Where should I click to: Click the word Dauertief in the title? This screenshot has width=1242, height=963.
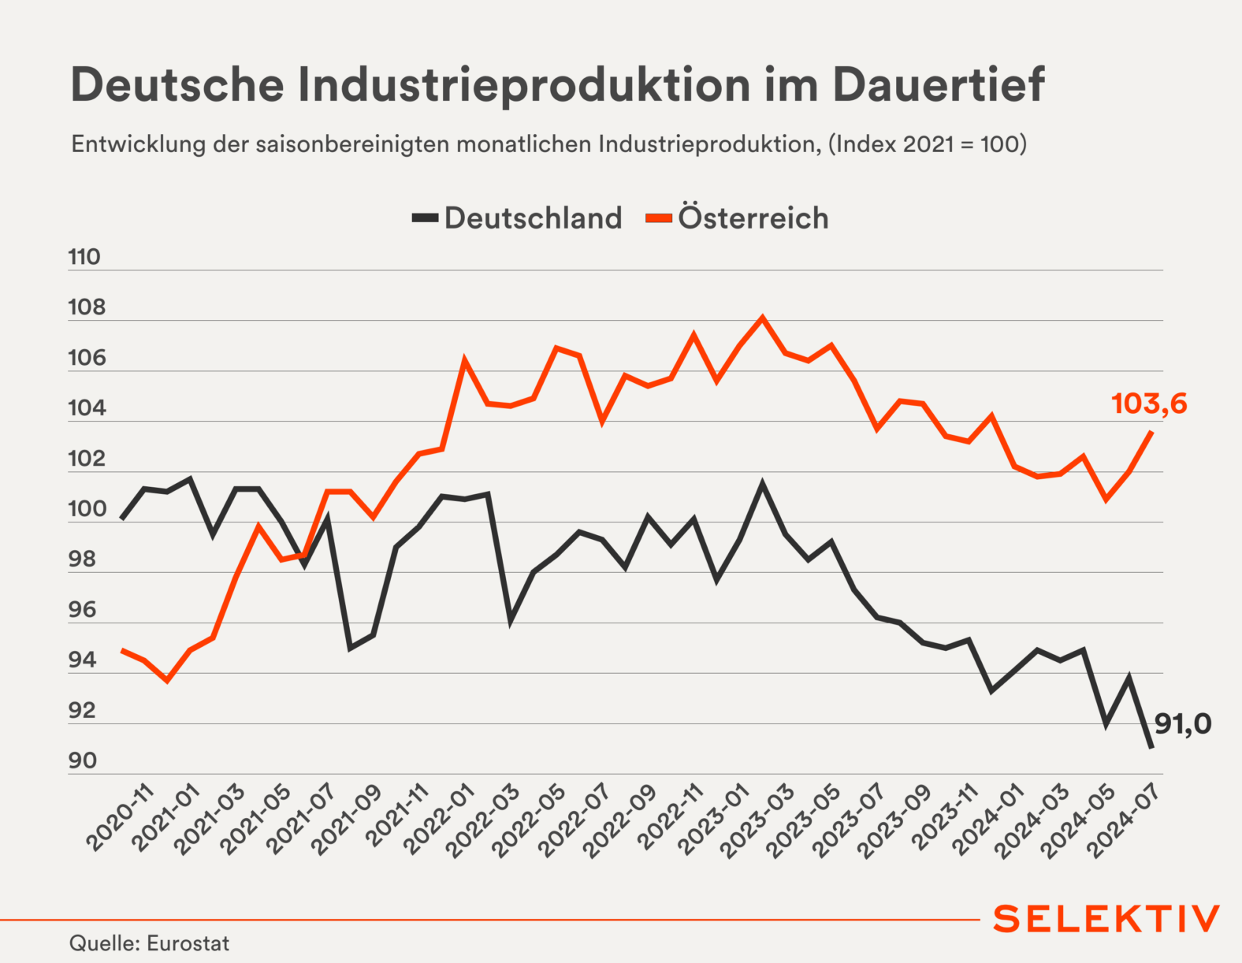939,84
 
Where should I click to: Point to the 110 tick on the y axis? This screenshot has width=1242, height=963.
84,258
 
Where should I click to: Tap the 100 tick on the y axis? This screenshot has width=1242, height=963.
87,509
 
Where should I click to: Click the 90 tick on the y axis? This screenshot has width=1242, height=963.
83,761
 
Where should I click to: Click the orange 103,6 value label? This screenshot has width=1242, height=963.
1149,404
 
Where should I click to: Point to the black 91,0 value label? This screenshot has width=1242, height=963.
1183,723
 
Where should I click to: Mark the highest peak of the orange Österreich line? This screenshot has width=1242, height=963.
762,318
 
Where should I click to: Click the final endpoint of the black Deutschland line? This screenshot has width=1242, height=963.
1151,747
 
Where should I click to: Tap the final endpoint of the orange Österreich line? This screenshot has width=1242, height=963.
1151,432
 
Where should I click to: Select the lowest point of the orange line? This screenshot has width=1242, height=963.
167,679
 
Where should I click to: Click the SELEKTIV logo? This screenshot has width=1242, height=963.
1106,919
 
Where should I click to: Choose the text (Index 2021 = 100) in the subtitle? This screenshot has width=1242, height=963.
928,144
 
